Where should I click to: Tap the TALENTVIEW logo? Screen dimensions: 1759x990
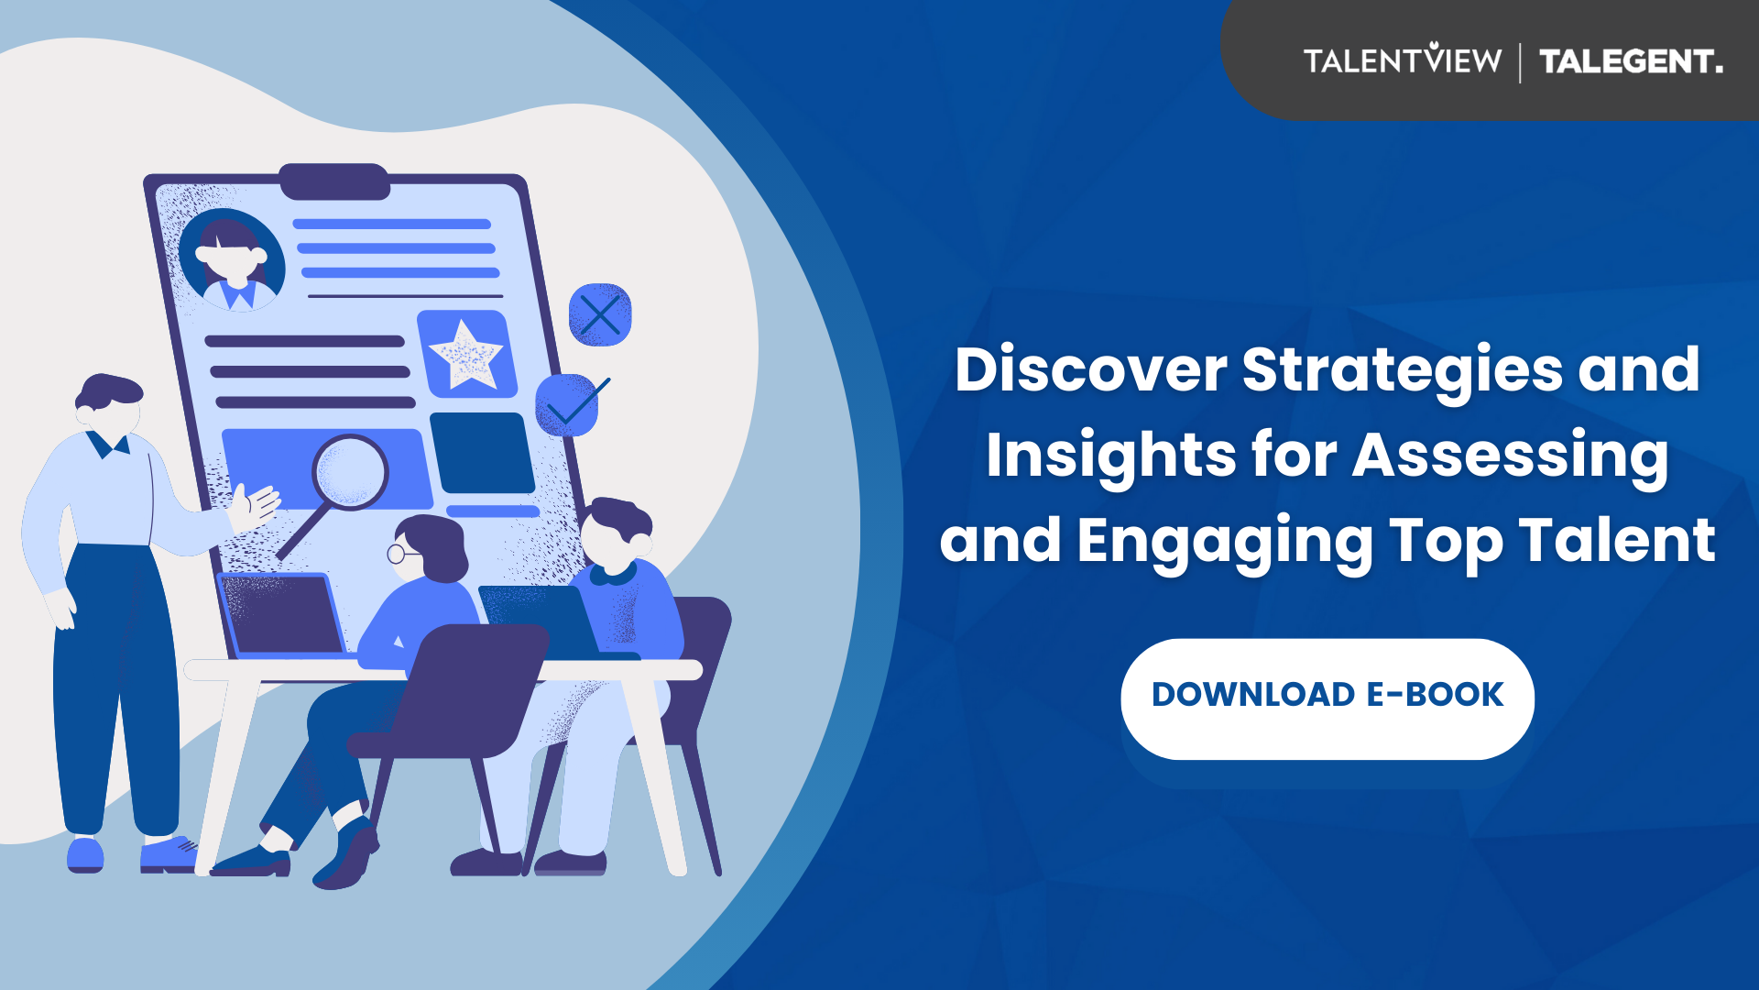(1403, 60)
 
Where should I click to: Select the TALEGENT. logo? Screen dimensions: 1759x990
(1631, 61)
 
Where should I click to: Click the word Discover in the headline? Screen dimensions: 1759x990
(1090, 369)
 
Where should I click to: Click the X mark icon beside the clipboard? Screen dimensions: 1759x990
(600, 315)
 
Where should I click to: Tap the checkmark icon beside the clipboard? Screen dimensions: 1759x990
(571, 404)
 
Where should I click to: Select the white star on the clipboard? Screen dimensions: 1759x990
(466, 355)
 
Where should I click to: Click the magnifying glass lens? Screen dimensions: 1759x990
(351, 473)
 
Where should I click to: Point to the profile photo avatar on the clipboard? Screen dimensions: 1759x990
(233, 259)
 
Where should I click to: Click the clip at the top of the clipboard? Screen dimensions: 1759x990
(335, 181)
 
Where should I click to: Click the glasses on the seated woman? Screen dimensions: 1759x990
(401, 554)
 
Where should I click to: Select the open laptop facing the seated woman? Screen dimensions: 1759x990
(282, 616)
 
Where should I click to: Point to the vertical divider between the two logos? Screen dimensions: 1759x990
(1521, 62)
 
